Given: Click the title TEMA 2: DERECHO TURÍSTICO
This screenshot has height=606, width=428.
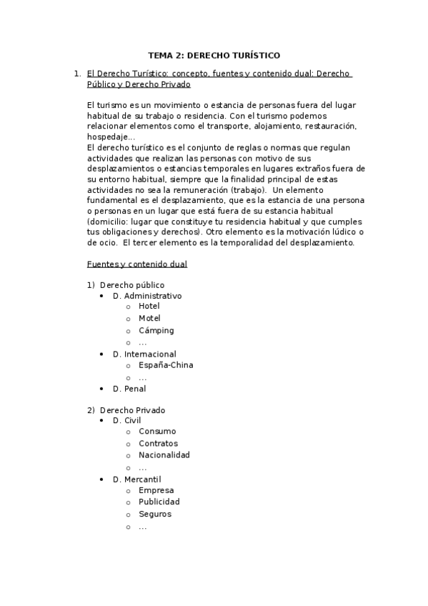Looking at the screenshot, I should click(214, 54).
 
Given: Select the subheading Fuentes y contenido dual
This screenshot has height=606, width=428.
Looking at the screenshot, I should click(136, 264).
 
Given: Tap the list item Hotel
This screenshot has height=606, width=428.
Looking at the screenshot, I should click(149, 306).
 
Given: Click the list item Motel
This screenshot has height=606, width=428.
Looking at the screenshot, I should click(149, 318).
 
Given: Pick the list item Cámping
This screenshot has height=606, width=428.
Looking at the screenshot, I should click(156, 330).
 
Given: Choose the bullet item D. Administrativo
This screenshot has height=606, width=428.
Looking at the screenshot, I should click(147, 295).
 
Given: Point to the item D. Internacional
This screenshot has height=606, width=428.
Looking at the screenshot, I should click(144, 354).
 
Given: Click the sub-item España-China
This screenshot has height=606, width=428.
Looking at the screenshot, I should click(166, 365).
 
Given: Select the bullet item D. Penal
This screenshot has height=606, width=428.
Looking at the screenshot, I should click(129, 389).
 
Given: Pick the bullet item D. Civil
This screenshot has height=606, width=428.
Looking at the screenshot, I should click(127, 420).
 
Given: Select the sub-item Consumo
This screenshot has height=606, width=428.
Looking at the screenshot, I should click(157, 431).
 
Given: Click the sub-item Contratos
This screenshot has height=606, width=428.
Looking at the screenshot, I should click(158, 443).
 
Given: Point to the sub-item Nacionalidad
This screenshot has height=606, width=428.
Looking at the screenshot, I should click(164, 454).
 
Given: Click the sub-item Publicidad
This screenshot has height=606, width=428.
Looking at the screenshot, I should click(159, 502).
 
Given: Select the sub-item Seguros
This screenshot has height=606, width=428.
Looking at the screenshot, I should click(155, 514).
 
